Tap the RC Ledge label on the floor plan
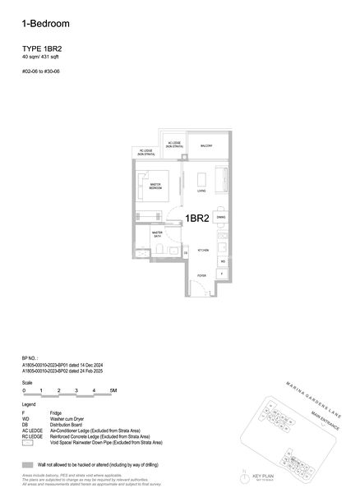pos(145,152)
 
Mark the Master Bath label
pos(156,234)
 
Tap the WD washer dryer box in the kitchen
pos(223,260)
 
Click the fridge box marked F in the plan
pos(222,273)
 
